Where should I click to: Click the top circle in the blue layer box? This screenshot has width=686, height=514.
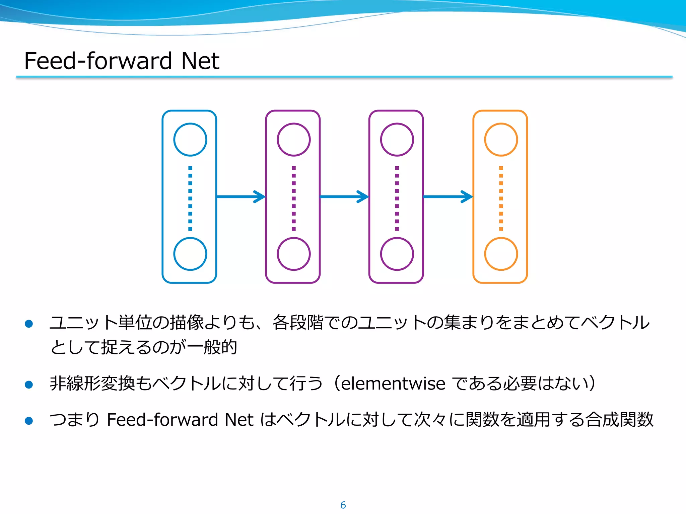[x=190, y=140]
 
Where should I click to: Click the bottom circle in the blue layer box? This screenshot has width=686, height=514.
[x=190, y=254]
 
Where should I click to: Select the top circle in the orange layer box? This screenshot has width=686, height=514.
[x=501, y=140]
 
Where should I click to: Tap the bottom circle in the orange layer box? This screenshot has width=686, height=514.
[x=501, y=254]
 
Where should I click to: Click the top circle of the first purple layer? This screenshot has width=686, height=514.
[x=293, y=140]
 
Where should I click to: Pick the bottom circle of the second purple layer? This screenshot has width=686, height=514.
[x=397, y=254]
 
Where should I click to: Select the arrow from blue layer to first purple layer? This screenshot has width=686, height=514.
[x=241, y=197]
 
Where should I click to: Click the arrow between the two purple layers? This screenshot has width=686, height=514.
[x=344, y=197]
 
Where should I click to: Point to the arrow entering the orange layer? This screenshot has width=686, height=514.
[x=448, y=197]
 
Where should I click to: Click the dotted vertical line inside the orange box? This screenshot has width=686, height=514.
[x=501, y=198]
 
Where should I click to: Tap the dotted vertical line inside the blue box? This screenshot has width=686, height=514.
[x=190, y=198]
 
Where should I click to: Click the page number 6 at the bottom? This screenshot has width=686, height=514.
[x=343, y=505]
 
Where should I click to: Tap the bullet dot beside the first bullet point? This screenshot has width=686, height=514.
[x=29, y=324]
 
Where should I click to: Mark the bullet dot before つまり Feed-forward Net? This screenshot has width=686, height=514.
[x=29, y=421]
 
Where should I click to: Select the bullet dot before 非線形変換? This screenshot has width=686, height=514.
[x=29, y=384]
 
